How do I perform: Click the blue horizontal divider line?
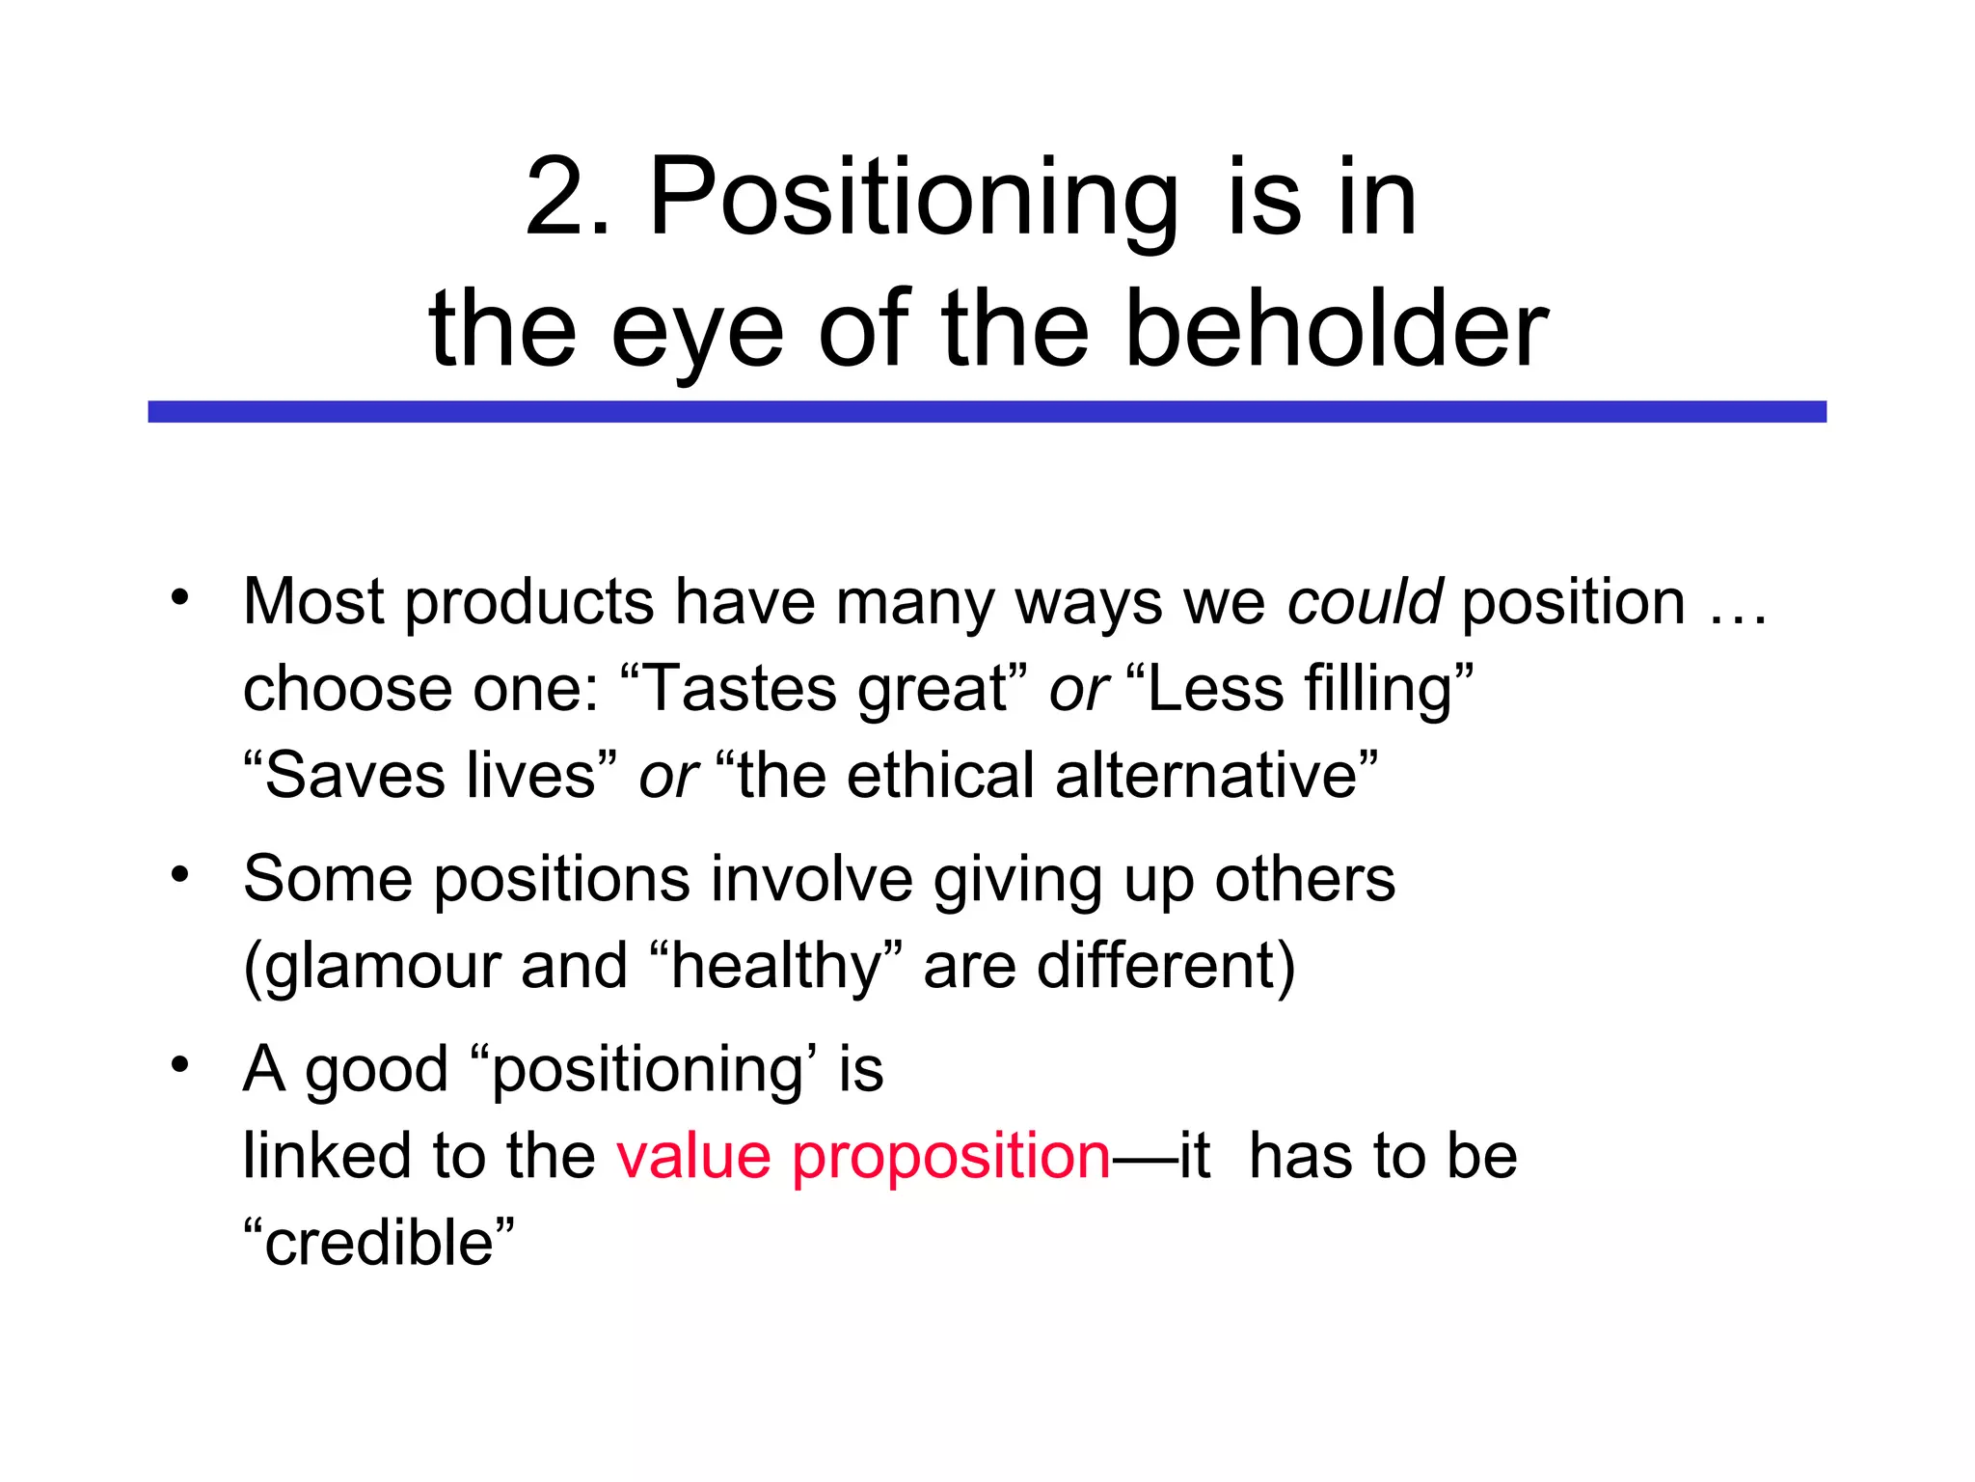coord(987,412)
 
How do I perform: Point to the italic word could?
coord(1365,601)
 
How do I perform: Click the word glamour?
coord(381,966)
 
